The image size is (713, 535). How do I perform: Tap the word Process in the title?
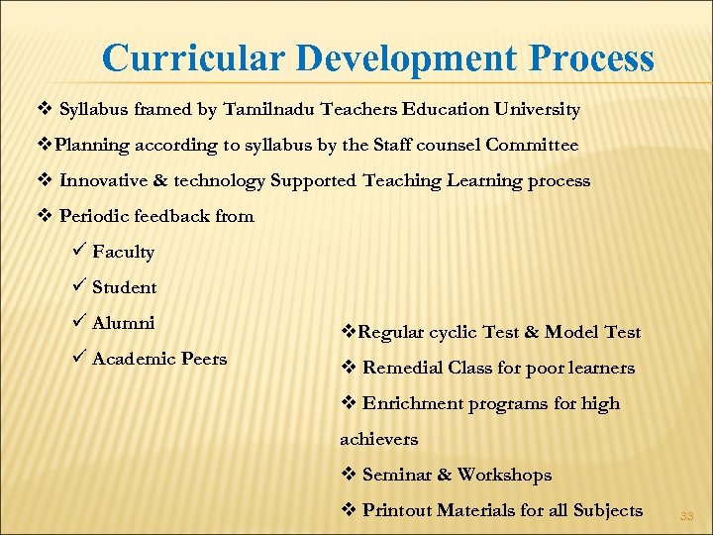[x=591, y=58]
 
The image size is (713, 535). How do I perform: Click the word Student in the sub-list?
[x=124, y=287]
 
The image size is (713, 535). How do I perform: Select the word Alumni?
[x=123, y=323]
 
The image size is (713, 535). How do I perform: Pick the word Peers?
[x=203, y=359]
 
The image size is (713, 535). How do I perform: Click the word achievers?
[x=378, y=439]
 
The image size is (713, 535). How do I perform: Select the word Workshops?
[x=504, y=475]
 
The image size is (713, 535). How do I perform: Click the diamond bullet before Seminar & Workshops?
[x=348, y=475]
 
